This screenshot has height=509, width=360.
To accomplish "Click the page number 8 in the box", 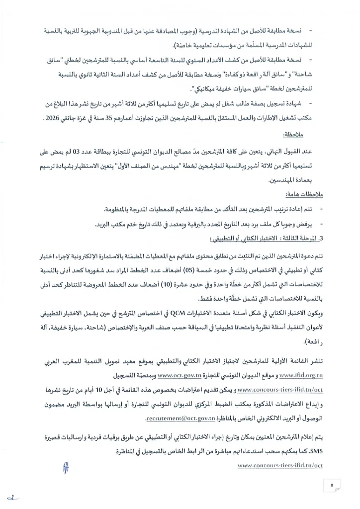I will [x=331, y=485].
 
